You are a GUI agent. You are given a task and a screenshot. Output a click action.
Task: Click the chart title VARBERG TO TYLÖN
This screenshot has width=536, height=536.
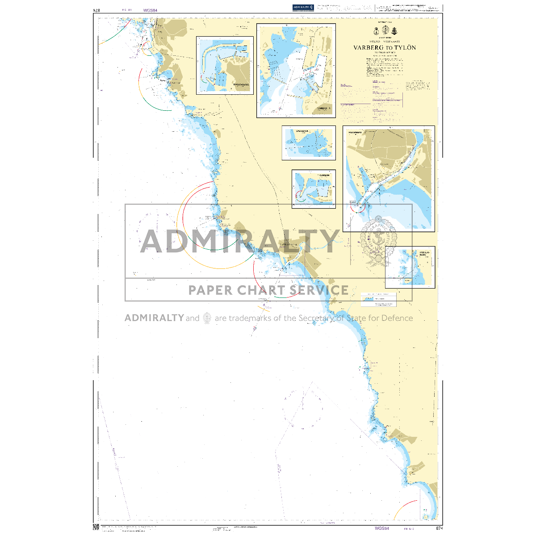pyautogui.click(x=385, y=47)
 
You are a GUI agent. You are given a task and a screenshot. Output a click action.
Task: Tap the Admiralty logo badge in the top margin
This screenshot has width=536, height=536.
pyautogui.click(x=303, y=8)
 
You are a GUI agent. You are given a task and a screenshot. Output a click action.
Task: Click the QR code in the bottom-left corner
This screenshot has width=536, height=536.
pyautogui.click(x=96, y=528)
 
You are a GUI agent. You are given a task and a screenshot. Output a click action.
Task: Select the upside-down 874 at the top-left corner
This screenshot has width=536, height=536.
pyautogui.click(x=95, y=10)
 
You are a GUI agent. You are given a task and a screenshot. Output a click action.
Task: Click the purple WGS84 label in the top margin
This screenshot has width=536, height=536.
pyautogui.click(x=150, y=10)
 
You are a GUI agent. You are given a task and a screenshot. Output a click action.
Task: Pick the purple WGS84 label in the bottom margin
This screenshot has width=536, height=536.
pyautogui.click(x=382, y=528)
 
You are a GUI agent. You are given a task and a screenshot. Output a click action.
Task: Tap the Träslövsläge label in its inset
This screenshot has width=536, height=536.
pyautogui.click(x=238, y=84)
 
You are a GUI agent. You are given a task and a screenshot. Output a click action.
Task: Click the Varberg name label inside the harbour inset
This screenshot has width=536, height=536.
pyautogui.click(x=325, y=108)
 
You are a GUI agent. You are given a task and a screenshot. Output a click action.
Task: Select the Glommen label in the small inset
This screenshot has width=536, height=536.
pyautogui.click(x=327, y=175)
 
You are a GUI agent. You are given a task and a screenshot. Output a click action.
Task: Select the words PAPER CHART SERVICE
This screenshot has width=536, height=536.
pyautogui.click(x=268, y=290)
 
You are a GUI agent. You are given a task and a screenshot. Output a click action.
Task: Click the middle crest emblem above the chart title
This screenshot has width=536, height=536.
pyautogui.click(x=385, y=30)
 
